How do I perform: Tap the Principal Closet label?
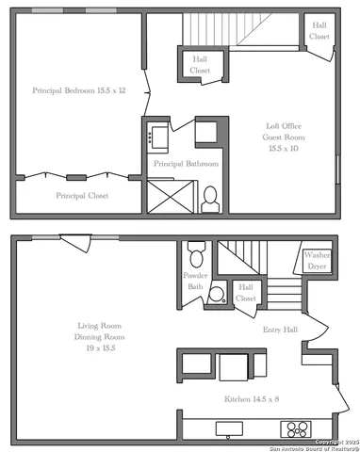82,196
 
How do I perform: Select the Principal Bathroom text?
186,164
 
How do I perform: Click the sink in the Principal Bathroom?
155,137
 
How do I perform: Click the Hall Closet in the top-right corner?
319,31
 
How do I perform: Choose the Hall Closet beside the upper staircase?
199,65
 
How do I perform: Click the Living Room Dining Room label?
100,337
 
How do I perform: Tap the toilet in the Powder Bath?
196,254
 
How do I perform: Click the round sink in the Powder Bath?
215,294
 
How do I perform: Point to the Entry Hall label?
280,331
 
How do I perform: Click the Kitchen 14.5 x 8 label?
251,399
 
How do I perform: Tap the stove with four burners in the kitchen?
295,430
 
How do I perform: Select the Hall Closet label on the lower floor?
246,293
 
